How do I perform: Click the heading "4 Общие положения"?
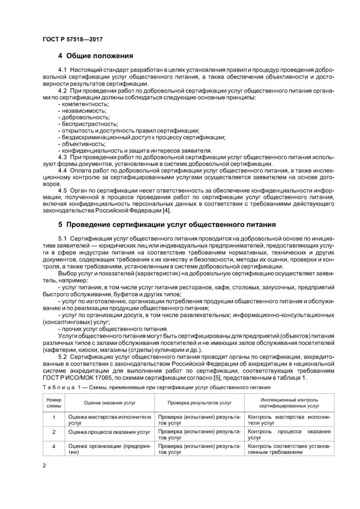(96, 56)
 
